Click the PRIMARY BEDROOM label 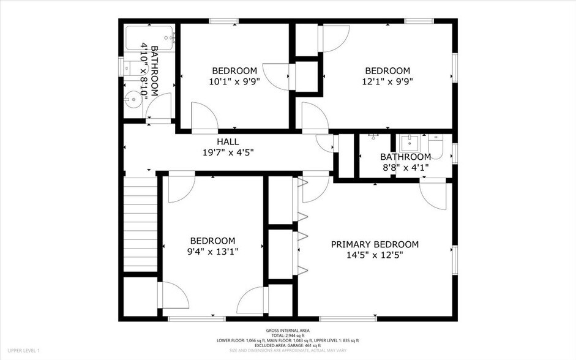[x=375, y=244]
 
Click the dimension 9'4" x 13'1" [x=212, y=251]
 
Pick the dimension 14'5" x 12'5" [x=375, y=255]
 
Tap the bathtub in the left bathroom [x=150, y=38]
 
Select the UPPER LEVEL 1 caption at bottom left [x=24, y=350]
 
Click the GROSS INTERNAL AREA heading [x=288, y=330]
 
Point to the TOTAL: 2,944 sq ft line [x=288, y=336]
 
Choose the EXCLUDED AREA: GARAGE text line [x=288, y=345]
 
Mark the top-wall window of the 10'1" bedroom [x=224, y=21]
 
